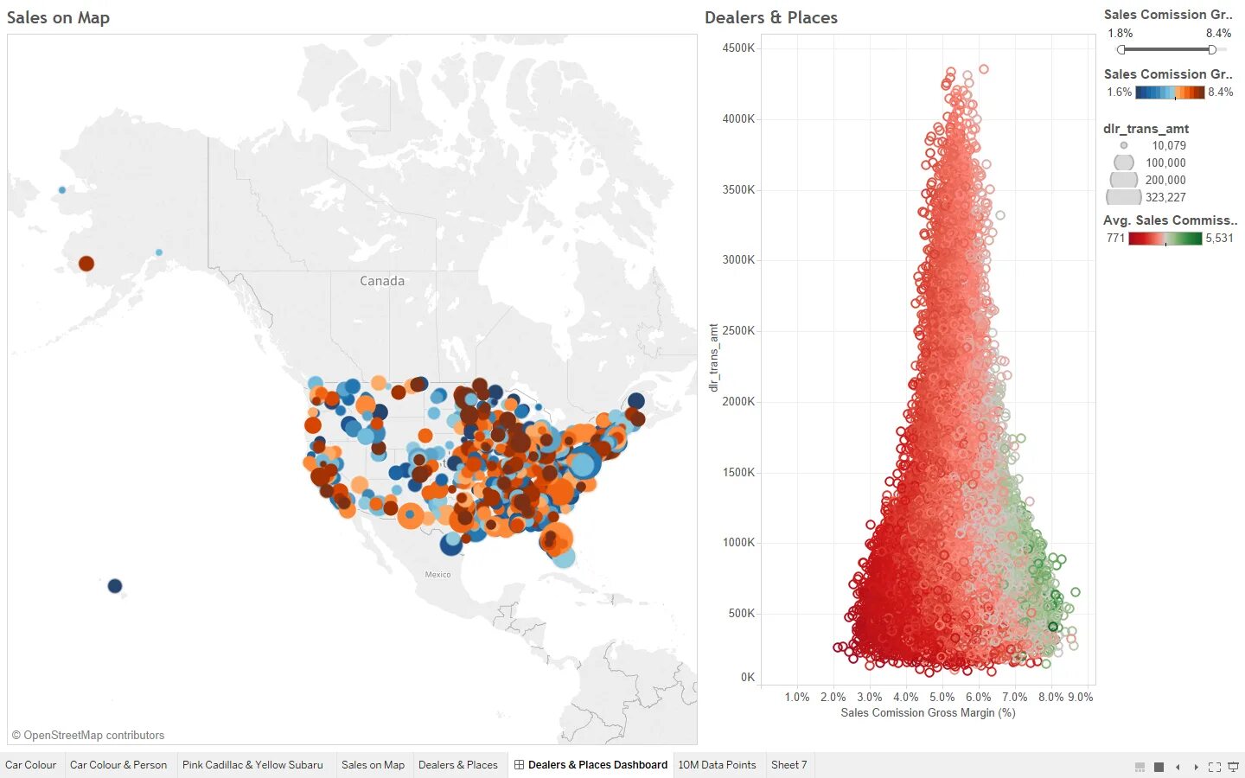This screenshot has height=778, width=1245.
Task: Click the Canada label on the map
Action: (x=382, y=281)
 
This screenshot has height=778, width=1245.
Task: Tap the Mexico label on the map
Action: (x=437, y=575)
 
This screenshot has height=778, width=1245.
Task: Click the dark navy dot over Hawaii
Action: (x=115, y=586)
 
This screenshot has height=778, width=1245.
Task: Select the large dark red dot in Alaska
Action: (x=86, y=264)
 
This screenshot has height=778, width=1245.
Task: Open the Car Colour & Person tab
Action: (x=118, y=765)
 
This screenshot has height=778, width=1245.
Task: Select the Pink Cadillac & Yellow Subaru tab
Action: (x=252, y=765)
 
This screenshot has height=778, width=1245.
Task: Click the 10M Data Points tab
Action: (x=717, y=765)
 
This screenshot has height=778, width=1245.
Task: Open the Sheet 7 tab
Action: (x=788, y=765)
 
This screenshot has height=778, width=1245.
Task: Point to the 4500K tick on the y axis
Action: (x=738, y=48)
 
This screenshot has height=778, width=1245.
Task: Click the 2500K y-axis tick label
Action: (x=738, y=331)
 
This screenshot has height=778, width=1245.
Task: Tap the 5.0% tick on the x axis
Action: (x=942, y=698)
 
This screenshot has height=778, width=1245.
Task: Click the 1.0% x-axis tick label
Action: (x=796, y=698)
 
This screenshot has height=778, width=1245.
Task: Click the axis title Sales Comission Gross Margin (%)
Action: (x=928, y=713)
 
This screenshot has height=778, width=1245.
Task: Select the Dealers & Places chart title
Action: (x=770, y=18)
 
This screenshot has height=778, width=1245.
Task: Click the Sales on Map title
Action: (x=58, y=18)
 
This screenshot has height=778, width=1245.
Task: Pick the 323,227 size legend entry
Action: (x=1165, y=198)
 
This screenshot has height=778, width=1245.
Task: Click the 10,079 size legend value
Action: (x=1168, y=146)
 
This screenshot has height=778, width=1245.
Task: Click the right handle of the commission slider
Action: (x=1212, y=49)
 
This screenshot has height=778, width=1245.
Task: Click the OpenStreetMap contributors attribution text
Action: (x=88, y=736)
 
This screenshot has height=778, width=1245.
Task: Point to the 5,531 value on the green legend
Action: (x=1219, y=239)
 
